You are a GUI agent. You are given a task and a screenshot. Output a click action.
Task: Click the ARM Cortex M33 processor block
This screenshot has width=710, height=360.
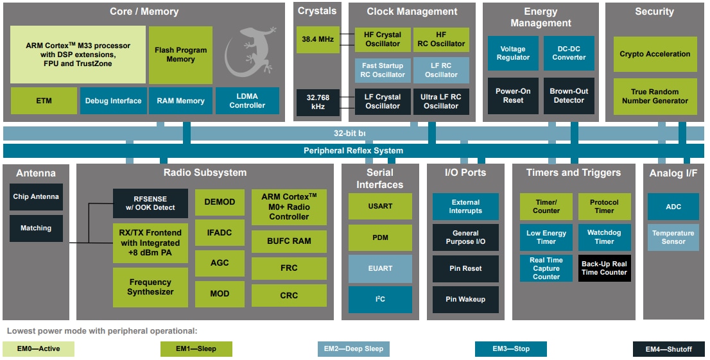point(78,55)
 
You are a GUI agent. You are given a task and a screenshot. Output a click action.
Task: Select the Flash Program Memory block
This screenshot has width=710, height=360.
point(180,55)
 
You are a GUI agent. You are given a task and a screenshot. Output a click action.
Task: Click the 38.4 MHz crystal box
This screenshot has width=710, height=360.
point(318,40)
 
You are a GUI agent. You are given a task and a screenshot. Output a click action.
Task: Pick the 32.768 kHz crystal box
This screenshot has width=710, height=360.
point(318,102)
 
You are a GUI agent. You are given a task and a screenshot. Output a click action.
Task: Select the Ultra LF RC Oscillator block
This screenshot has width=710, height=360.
point(441,102)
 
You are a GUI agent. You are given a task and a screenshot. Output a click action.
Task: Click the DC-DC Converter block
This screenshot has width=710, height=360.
point(569,53)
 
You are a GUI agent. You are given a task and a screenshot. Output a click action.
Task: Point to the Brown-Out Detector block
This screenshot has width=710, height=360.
point(569,96)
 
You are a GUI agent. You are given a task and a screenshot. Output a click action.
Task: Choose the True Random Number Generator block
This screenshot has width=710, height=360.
point(655,96)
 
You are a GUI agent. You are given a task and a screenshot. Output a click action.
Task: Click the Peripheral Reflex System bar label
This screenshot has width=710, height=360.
point(353,151)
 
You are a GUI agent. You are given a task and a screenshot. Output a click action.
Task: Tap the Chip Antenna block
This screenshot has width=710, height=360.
point(36,197)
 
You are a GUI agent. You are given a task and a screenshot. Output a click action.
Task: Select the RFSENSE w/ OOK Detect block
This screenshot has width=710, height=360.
point(150,203)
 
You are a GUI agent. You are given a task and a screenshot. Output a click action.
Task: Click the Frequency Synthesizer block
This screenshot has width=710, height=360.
point(150,287)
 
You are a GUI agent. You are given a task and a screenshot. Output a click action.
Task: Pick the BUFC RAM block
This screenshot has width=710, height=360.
point(289,241)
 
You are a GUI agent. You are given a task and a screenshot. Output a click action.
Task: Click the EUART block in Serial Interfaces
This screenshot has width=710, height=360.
point(380,269)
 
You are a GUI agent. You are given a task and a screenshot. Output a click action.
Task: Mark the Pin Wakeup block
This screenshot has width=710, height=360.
point(465,300)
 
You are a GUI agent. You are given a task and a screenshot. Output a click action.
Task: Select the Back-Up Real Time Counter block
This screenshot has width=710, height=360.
point(604,268)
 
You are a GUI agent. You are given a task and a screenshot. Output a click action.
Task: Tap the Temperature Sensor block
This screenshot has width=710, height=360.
point(673,237)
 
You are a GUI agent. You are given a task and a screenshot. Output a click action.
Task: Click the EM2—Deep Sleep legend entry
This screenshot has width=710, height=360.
point(353,349)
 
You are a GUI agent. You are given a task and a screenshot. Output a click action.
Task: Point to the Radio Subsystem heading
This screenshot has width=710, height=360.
point(205,173)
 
